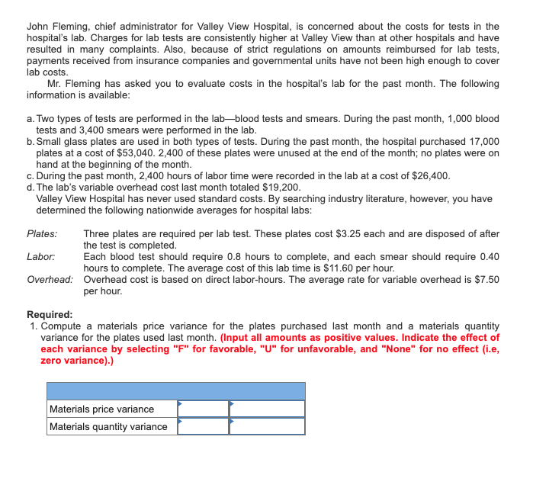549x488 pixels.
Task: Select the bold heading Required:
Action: pos(50,314)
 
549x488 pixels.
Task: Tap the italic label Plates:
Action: pos(42,234)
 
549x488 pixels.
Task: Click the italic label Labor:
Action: pos(40,257)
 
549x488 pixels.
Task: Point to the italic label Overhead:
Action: pos(50,279)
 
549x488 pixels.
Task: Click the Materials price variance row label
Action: pos(101,409)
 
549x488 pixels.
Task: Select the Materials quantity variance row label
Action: pos(108,426)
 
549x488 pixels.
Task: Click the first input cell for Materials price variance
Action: pos(203,409)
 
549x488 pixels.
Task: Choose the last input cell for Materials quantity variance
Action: pos(267,426)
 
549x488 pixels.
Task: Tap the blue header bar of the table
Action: pos(175,391)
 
